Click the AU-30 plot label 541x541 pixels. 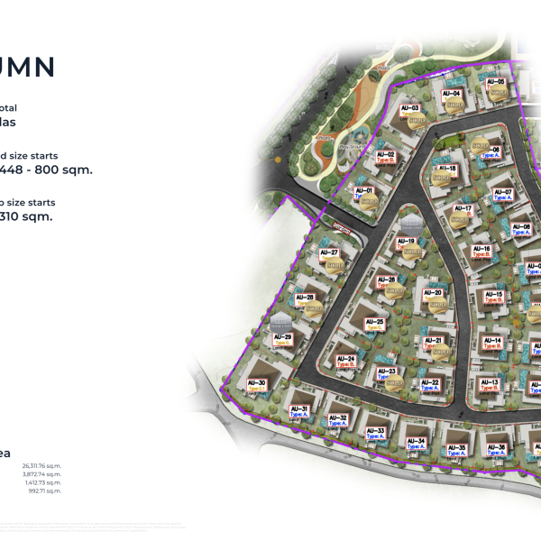(x=257, y=385)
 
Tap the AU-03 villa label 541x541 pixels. (x=409, y=109)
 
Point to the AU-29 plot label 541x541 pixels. (x=282, y=339)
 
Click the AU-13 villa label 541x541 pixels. (x=491, y=385)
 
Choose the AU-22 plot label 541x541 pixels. (x=430, y=385)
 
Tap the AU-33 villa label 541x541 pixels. (x=376, y=433)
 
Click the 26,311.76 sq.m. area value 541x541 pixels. (x=39, y=466)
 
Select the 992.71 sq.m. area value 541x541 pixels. (x=44, y=491)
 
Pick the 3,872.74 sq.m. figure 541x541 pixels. (x=41, y=474)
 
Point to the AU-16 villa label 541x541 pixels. (x=481, y=251)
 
